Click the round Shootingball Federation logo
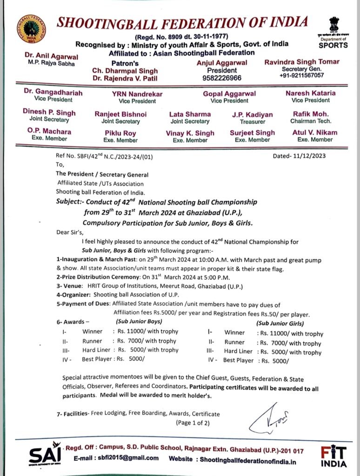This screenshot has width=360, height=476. click(x=31, y=29)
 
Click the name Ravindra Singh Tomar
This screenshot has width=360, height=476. click(x=301, y=62)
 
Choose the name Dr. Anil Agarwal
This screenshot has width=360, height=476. click(x=45, y=55)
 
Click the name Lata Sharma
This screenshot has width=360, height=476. click(x=190, y=114)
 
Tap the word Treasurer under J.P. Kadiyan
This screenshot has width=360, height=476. click(x=253, y=121)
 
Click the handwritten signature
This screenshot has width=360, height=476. click(x=269, y=419)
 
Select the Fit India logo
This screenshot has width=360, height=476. click(x=333, y=456)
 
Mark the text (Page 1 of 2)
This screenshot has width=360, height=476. click(x=193, y=423)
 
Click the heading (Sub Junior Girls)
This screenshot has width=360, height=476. click(x=280, y=324)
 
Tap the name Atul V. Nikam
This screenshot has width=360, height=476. click(x=315, y=132)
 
